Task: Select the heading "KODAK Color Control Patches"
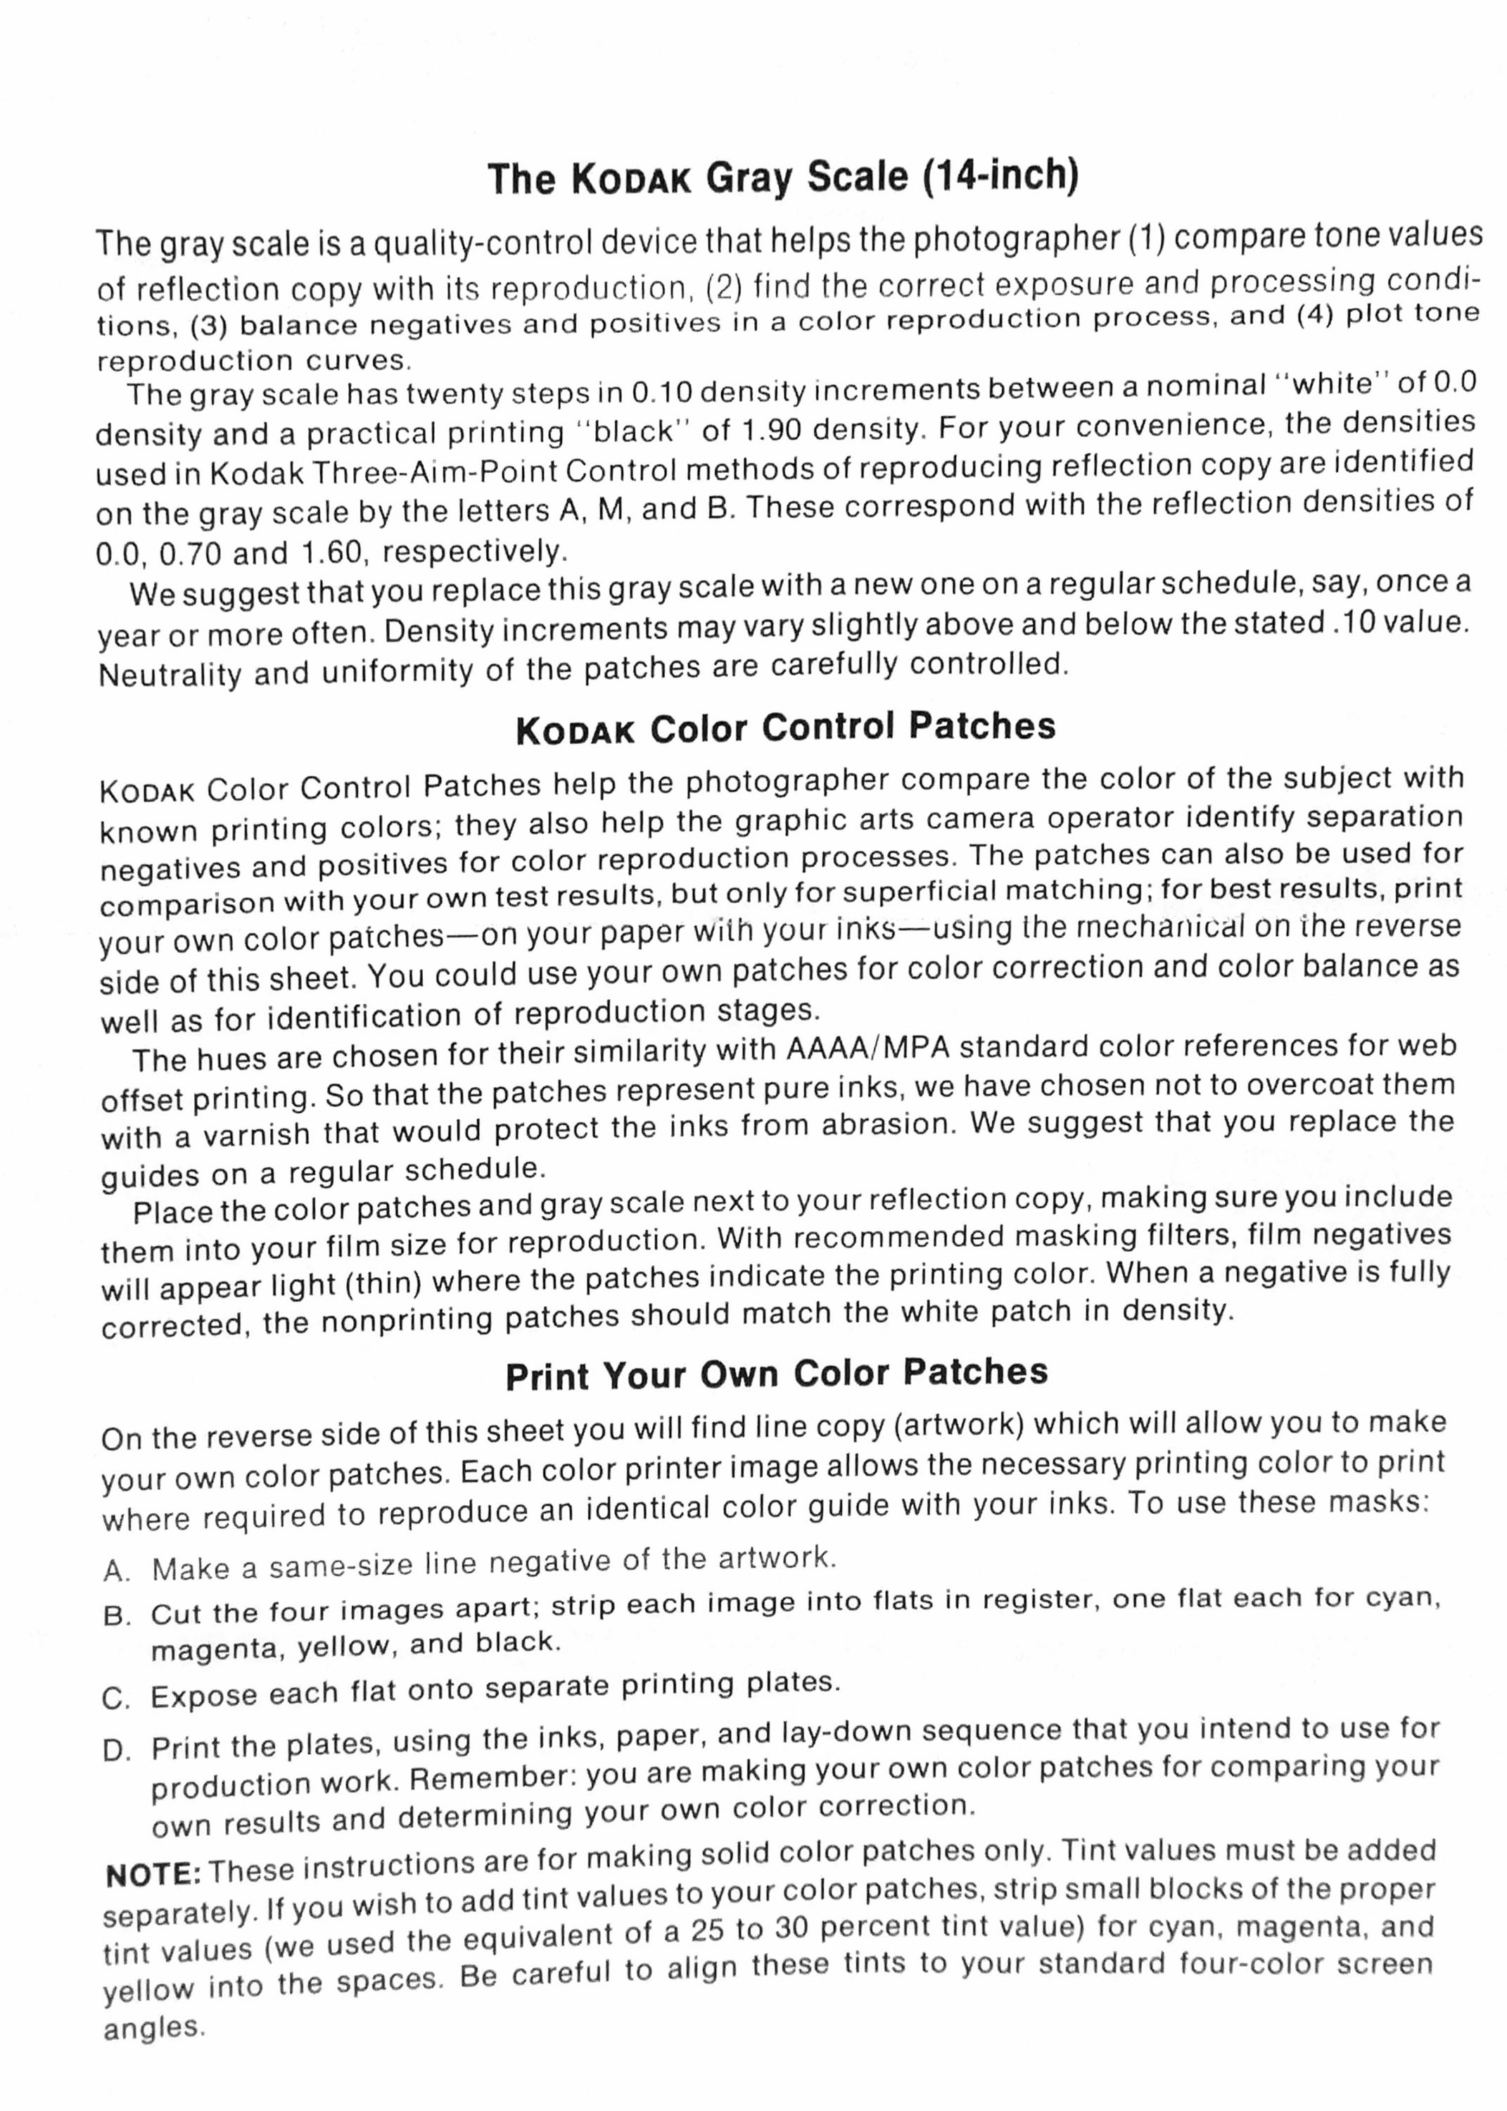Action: pos(785,728)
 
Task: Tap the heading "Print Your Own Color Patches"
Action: pos(777,1374)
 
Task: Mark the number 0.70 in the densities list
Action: pos(190,554)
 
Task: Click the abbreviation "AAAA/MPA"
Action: pos(867,1048)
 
